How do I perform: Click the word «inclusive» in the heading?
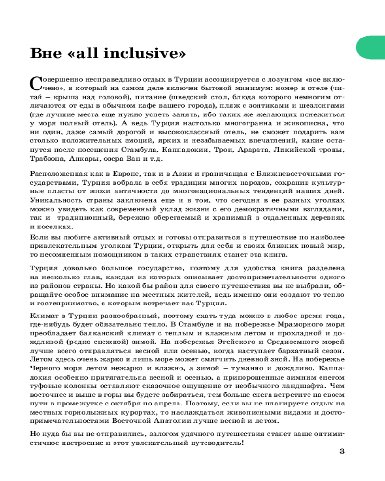[x=144, y=52]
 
